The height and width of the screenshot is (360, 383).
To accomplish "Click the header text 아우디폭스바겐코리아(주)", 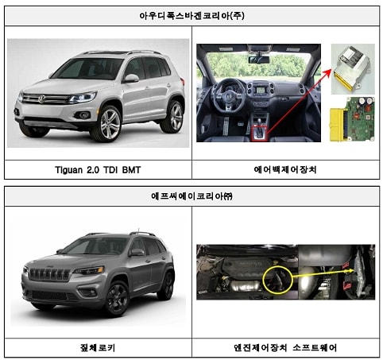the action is coord(191,16).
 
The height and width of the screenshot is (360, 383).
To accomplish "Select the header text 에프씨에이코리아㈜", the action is coord(191,196).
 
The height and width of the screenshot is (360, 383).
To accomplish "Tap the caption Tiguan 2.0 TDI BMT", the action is coord(98,169).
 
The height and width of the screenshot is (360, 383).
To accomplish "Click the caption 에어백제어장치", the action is coord(285,169).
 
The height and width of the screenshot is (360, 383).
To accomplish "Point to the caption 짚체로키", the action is coord(98,347).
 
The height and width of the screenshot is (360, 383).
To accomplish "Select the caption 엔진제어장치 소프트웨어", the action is coord(285,347).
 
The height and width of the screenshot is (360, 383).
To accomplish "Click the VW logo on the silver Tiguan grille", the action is coord(41,99).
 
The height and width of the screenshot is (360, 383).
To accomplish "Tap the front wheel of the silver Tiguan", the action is coord(109,124).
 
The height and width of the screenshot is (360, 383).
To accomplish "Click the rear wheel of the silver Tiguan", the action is coord(174,117).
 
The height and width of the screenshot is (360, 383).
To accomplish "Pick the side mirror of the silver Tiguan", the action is coord(131,79).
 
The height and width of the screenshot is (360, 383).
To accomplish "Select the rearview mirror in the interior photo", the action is coord(258,60).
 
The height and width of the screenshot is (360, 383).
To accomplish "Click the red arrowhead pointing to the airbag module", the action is coord(327,72).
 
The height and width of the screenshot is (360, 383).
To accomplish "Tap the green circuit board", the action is coord(359,119).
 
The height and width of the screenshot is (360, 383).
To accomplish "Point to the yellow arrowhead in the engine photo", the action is coord(351,271).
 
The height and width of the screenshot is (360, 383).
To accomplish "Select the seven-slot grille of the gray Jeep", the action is coord(49,274).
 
